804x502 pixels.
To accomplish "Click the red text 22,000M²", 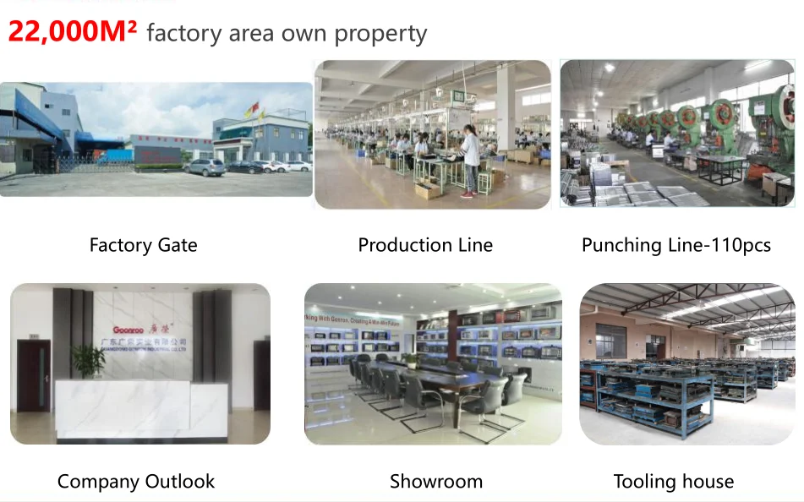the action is [72, 31].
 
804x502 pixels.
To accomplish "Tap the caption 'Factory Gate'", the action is [143, 245].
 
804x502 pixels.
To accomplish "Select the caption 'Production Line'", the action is [425, 245].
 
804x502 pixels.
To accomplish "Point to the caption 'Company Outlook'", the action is [136, 482].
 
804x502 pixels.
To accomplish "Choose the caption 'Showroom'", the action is [436, 482].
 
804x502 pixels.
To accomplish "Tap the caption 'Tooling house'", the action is [674, 482].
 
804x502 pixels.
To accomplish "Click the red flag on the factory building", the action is [249, 110].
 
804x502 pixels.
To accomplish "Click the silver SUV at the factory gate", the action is [205, 167].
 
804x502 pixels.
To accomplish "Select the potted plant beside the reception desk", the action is [87, 361].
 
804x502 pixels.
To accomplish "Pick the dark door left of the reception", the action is [34, 376].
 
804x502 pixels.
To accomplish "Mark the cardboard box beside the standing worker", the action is [429, 190].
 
